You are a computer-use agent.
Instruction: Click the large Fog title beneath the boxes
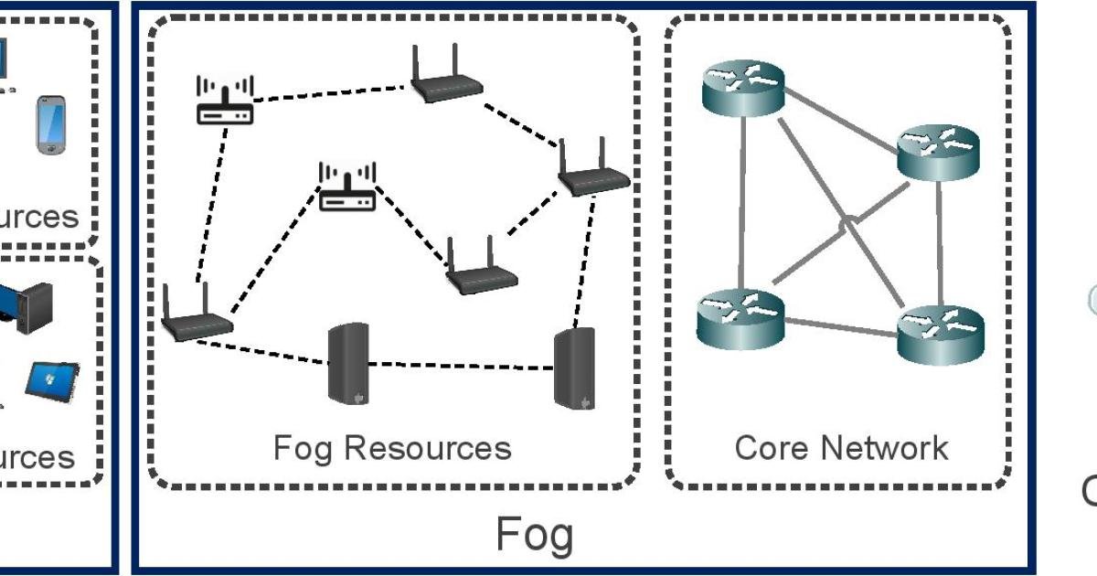click(535, 534)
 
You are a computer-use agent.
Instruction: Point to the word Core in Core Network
click(772, 448)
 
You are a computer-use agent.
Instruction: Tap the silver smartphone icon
click(52, 125)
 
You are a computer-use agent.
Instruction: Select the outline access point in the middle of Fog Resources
click(347, 187)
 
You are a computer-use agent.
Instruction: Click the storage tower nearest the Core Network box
click(575, 370)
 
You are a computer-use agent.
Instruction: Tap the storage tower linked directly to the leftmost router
click(348, 363)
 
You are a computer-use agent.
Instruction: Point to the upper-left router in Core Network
click(742, 90)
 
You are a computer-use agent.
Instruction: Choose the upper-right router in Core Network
click(938, 152)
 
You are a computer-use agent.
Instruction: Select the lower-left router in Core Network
click(740, 316)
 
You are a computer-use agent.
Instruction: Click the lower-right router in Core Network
click(941, 334)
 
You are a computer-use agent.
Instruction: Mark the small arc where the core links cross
click(849, 222)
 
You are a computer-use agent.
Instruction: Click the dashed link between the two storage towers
click(462, 365)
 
